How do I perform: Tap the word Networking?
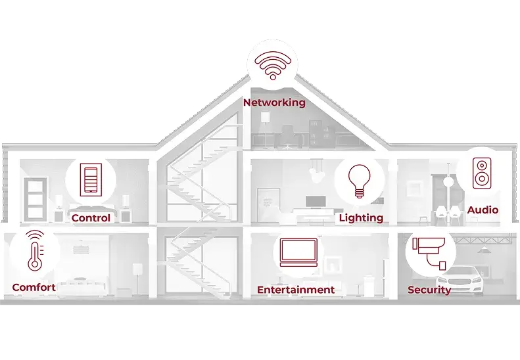274,102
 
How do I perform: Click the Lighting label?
361,217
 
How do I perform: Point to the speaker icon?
482,172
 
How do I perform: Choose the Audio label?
483,210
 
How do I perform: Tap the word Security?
429,290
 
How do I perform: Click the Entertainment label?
296,290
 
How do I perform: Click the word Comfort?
34,288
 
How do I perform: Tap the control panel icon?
91,179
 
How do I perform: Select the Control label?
91,218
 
